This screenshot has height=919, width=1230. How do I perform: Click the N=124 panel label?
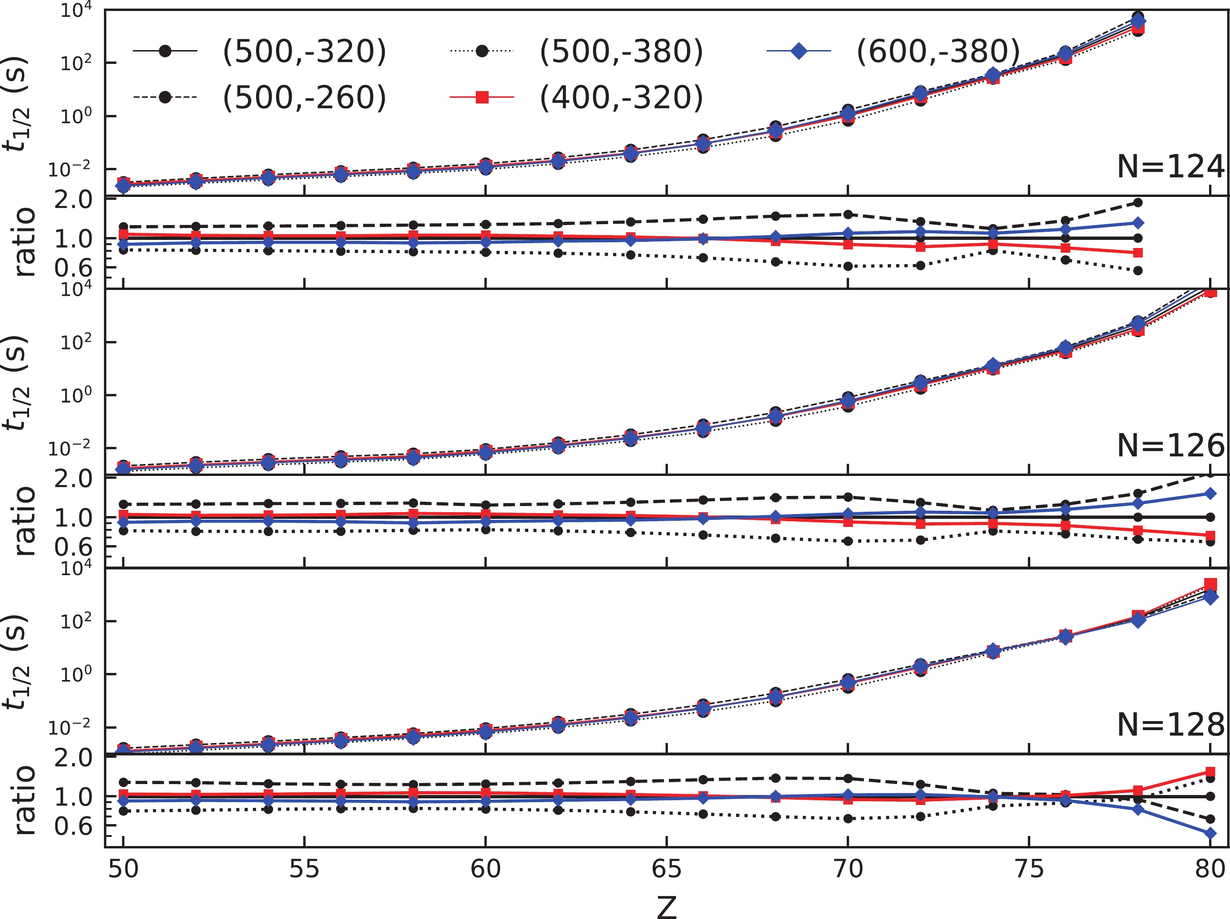1170,166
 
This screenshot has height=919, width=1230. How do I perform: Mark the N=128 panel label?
1170,724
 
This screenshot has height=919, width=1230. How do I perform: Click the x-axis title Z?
666,906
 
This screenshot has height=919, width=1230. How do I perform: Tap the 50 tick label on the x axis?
123,868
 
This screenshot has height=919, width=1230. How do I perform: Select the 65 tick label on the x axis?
666,868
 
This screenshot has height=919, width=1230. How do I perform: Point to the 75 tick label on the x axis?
1029,868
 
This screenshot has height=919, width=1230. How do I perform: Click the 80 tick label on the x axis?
1210,868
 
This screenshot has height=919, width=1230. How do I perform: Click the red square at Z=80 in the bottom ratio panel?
1210,772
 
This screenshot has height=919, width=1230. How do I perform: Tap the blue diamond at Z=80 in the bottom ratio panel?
1210,833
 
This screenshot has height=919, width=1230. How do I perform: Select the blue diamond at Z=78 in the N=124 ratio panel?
1138,223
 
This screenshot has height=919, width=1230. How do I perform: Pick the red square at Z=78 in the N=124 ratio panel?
1138,253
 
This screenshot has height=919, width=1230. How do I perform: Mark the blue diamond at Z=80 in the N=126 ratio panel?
1210,494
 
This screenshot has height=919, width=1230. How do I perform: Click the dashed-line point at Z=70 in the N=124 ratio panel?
848,214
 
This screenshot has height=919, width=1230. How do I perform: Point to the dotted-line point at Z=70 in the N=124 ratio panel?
848,267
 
